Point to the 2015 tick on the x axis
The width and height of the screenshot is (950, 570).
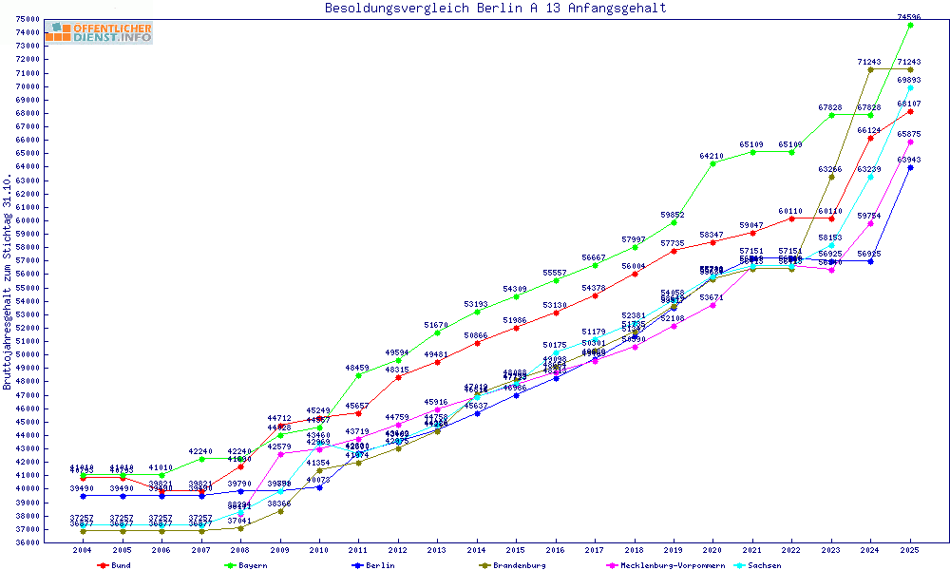[516, 550]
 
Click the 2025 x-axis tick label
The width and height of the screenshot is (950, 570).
[910, 550]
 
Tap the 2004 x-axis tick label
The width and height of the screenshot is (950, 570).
[84, 550]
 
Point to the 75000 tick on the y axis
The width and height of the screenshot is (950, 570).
[27, 19]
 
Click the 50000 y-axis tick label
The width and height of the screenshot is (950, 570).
[27, 354]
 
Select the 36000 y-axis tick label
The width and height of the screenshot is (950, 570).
[27, 542]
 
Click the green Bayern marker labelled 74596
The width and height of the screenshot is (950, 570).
[910, 25]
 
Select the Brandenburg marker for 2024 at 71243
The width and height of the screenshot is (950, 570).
[870, 69]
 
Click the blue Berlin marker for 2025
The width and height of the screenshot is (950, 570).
[910, 167]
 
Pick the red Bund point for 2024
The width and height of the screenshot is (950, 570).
[870, 138]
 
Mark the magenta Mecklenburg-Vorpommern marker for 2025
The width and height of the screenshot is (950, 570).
[910, 142]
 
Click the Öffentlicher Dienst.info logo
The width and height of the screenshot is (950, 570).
[99, 32]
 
